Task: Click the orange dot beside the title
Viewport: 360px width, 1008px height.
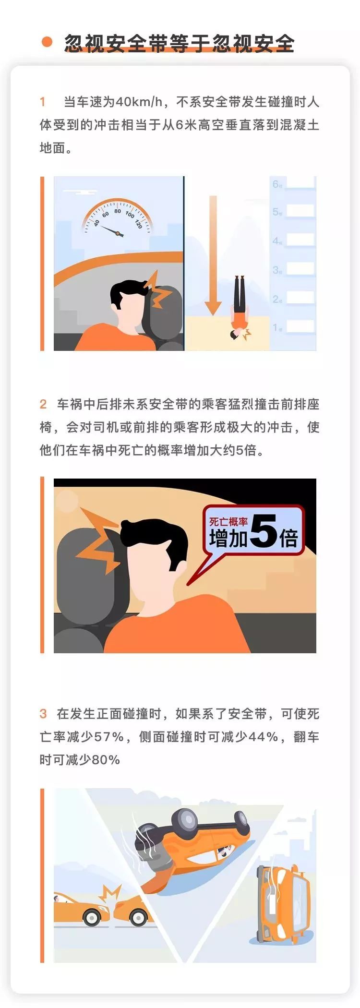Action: [x=47, y=42]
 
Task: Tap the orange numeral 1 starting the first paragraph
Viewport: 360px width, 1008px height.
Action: [x=43, y=102]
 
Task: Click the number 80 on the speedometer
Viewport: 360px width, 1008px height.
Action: [x=118, y=211]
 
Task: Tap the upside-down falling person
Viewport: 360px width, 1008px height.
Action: [x=239, y=308]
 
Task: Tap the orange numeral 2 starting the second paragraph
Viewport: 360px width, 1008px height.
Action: [x=43, y=404]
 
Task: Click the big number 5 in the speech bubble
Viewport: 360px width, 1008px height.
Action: [x=263, y=530]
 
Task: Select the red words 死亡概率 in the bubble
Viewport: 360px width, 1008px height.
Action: [x=228, y=522]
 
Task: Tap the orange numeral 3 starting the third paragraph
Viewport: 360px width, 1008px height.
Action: [x=43, y=714]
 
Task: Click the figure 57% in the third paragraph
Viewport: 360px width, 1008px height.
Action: [x=109, y=737]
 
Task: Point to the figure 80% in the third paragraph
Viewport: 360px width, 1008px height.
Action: [x=106, y=760]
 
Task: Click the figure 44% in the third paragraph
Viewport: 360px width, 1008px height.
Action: [x=264, y=737]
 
